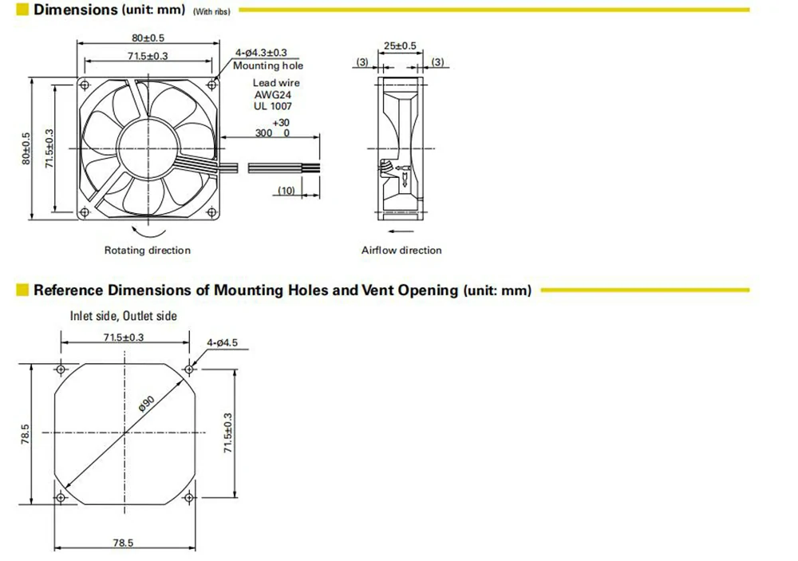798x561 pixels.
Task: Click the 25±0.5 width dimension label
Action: click(400, 46)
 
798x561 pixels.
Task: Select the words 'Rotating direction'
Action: click(148, 251)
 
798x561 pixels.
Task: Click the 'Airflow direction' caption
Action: click(401, 251)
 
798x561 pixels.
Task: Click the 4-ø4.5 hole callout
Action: click(222, 343)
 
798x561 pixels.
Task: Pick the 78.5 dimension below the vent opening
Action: click(123, 543)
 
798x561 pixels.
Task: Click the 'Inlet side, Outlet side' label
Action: click(124, 316)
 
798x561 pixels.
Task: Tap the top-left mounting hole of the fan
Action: click(86, 84)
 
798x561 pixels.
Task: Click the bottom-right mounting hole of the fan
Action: click(212, 211)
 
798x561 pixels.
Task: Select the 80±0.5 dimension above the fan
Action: click(149, 38)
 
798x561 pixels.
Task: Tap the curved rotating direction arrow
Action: click(148, 231)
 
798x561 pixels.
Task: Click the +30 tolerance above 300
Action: click(281, 123)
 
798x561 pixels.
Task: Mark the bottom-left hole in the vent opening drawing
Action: click(61, 498)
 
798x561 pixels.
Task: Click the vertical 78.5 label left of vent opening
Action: click(26, 435)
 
